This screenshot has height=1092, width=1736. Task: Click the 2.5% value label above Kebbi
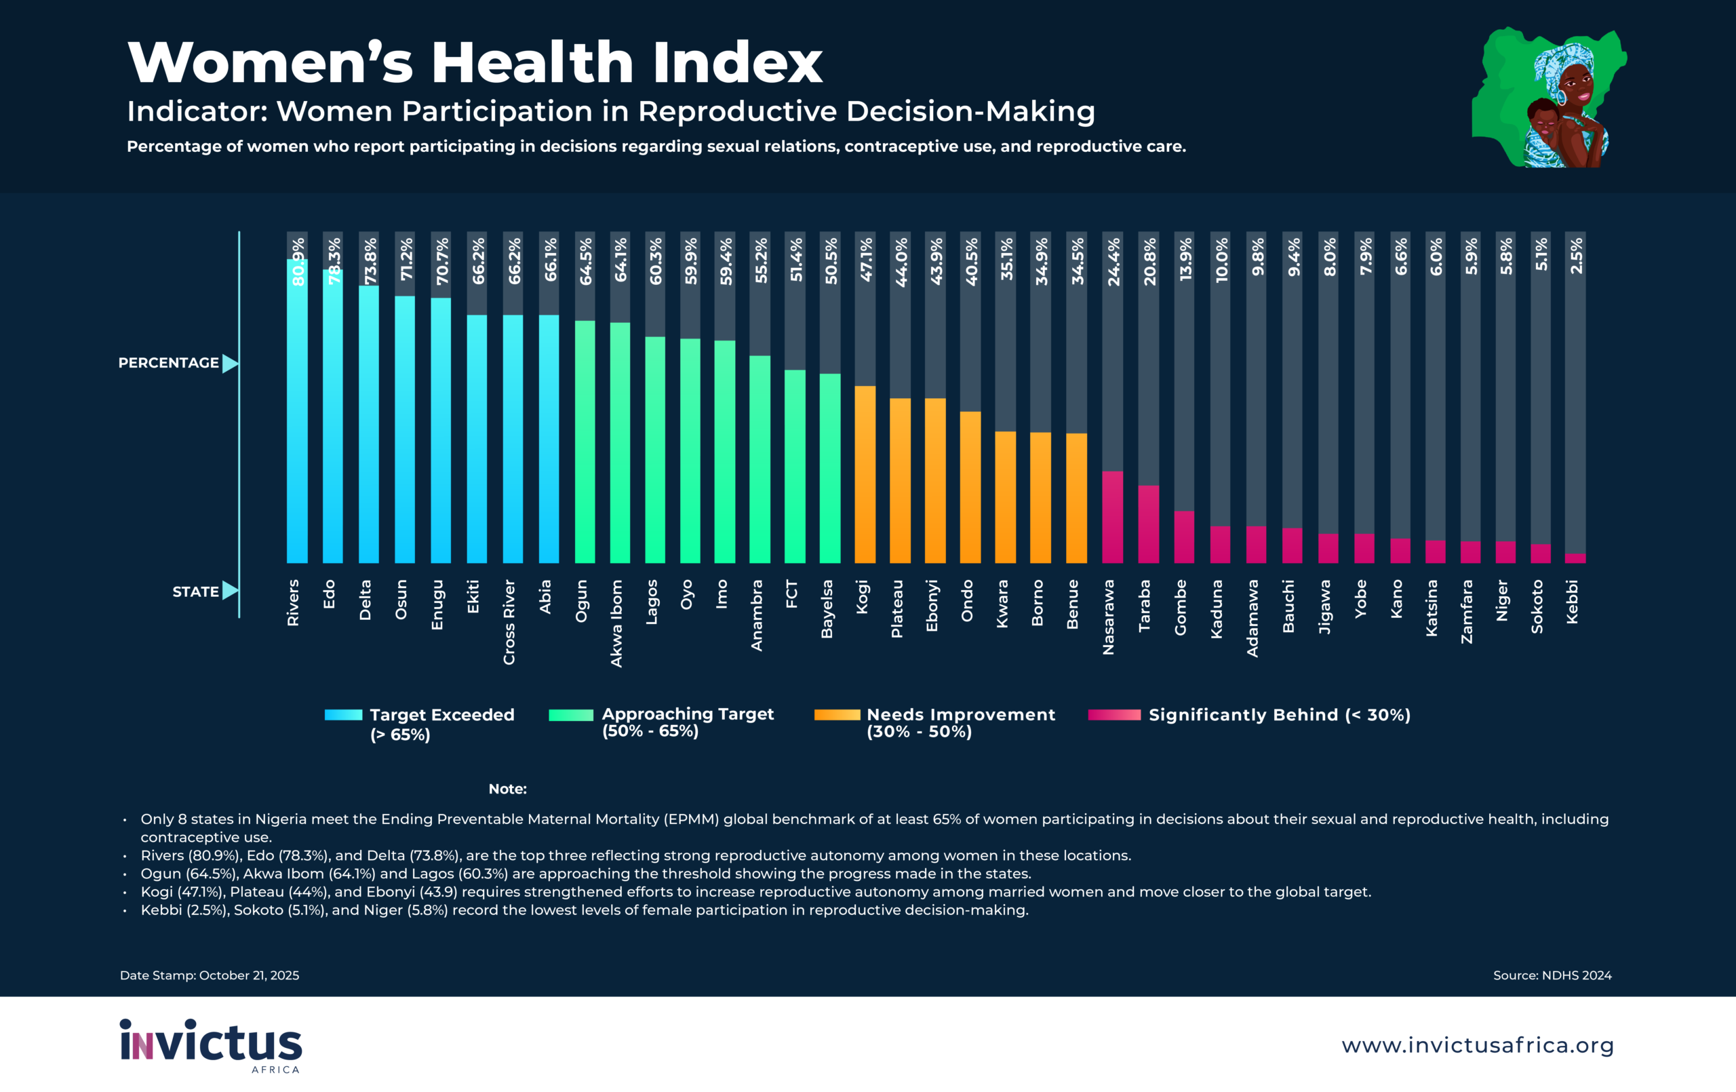tap(1576, 256)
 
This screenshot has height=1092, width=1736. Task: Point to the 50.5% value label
tap(831, 261)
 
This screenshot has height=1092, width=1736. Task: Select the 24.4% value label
tap(1113, 262)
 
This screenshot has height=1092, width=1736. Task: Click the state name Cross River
tap(509, 622)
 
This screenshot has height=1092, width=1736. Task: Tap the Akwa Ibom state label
tap(616, 623)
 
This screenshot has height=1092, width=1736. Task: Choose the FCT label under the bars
tap(791, 593)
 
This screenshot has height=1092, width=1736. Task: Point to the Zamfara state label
tap(1466, 612)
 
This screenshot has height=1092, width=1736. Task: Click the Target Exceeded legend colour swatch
tap(343, 715)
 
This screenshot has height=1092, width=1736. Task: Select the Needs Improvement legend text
tap(960, 723)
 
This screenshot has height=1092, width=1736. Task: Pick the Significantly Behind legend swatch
tap(1114, 715)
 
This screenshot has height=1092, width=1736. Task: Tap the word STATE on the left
tap(195, 591)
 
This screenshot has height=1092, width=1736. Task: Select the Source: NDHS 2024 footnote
tap(1552, 975)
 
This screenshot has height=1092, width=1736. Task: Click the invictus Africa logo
tap(210, 1045)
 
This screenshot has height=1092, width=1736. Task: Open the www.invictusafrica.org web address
tap(1477, 1045)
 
